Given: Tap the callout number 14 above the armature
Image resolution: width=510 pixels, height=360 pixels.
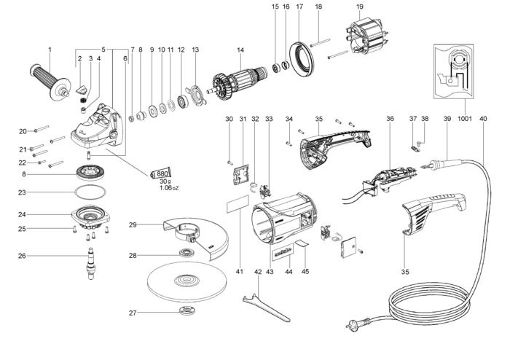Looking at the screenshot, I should (240, 50).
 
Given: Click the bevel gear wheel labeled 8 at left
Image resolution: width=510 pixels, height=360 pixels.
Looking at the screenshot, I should (92, 176).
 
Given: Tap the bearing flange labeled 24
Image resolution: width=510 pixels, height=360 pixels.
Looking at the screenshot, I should (92, 218).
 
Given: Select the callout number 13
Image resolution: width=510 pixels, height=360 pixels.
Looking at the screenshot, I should (195, 50).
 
